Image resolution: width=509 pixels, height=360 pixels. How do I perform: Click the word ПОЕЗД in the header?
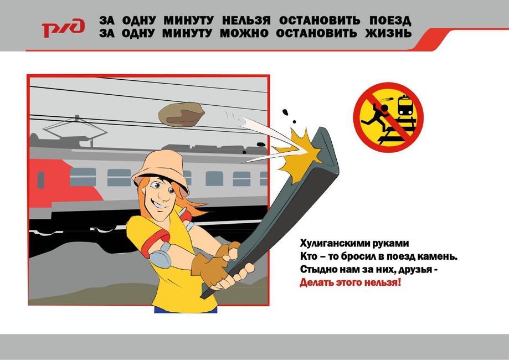tap(390, 21)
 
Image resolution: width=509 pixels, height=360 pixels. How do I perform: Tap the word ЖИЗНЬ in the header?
tap(388, 33)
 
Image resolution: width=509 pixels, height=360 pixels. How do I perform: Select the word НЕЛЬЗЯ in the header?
tap(246, 21)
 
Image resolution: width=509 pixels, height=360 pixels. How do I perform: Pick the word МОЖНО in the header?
tap(244, 33)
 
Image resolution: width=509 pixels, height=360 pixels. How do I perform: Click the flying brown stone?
tap(181, 114)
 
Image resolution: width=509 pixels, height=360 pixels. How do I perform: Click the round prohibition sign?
tap(388, 117)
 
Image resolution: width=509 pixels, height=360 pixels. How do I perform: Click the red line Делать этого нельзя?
tap(350, 282)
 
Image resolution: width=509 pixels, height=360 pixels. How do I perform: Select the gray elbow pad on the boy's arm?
tap(161, 255)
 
